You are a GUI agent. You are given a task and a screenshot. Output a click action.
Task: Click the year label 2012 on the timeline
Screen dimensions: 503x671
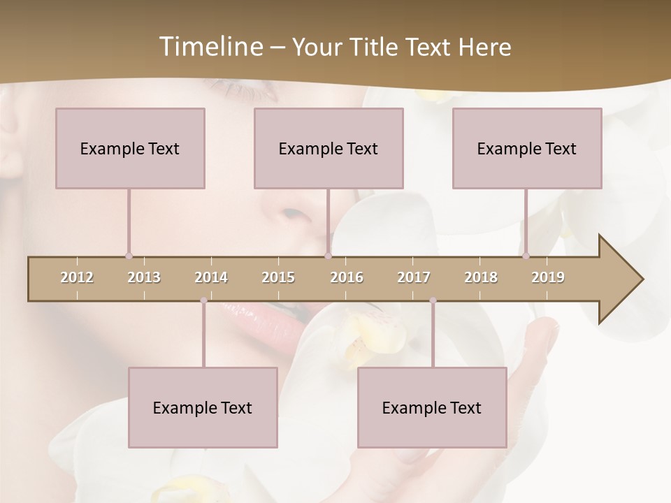pyautogui.click(x=77, y=277)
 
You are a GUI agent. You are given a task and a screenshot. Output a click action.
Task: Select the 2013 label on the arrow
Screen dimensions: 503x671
pyautogui.click(x=144, y=277)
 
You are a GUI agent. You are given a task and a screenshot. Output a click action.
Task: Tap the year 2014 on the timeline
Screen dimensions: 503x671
pyautogui.click(x=211, y=277)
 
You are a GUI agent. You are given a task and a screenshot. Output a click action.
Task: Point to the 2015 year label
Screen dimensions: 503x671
pyautogui.click(x=278, y=277)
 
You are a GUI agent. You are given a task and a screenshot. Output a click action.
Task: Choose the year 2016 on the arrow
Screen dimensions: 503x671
pyautogui.click(x=347, y=277)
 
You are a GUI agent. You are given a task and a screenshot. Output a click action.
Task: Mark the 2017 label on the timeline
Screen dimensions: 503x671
pyautogui.click(x=414, y=277)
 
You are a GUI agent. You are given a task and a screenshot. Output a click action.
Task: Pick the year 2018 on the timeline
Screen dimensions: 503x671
pyautogui.click(x=481, y=277)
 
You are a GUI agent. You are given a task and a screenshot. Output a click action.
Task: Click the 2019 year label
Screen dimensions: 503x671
pyautogui.click(x=548, y=277)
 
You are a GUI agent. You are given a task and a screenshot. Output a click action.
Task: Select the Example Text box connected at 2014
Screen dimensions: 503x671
pyautogui.click(x=203, y=407)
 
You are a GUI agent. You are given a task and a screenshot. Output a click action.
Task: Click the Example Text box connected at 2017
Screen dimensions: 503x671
pyautogui.click(x=432, y=407)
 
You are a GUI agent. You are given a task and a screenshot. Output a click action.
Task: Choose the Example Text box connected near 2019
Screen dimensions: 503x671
pyautogui.click(x=527, y=148)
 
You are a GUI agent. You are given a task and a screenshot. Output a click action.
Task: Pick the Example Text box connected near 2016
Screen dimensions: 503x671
pyautogui.click(x=329, y=148)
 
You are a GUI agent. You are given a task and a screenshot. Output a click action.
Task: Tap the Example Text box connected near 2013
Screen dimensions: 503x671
pyautogui.click(x=130, y=148)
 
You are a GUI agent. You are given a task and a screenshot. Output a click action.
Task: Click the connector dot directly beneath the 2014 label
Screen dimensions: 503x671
pyautogui.click(x=203, y=301)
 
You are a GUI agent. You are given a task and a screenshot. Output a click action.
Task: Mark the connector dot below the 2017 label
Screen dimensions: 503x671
pyautogui.click(x=433, y=301)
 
